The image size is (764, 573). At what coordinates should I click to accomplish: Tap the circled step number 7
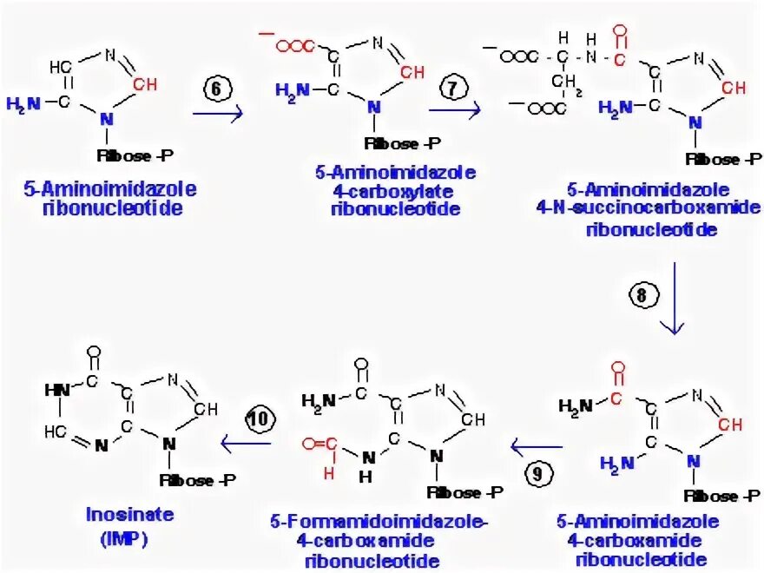(x=453, y=89)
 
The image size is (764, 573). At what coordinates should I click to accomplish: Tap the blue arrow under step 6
(x=217, y=114)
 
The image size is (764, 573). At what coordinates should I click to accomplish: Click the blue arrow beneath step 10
(x=247, y=445)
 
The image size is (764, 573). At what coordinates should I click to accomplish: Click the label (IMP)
(x=127, y=537)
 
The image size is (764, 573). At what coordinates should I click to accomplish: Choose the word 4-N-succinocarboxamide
(x=649, y=209)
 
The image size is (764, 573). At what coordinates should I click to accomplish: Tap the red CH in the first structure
(x=147, y=84)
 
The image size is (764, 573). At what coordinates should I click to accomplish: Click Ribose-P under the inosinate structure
(x=199, y=480)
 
